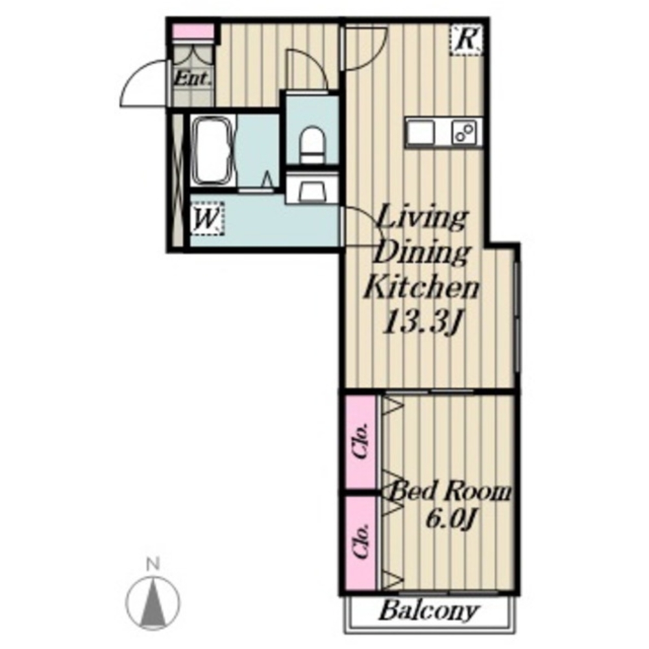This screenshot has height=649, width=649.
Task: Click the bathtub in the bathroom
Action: click(x=214, y=151)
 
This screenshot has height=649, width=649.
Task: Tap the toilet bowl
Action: click(x=313, y=145)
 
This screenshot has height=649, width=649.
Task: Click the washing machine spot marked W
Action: click(x=208, y=219)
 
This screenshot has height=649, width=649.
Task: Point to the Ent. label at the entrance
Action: click(x=193, y=79)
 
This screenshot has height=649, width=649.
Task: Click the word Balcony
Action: click(x=429, y=611)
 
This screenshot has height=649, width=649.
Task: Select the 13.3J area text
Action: click(x=422, y=322)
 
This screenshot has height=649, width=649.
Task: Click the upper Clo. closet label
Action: click(x=360, y=441)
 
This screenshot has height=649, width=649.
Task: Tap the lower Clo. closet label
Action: click(x=360, y=541)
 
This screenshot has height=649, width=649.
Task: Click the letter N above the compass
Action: click(x=153, y=563)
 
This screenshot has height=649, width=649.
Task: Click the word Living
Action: click(x=422, y=218)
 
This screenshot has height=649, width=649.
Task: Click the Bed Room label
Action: click(x=450, y=492)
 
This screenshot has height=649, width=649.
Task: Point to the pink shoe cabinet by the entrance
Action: click(x=193, y=31)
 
